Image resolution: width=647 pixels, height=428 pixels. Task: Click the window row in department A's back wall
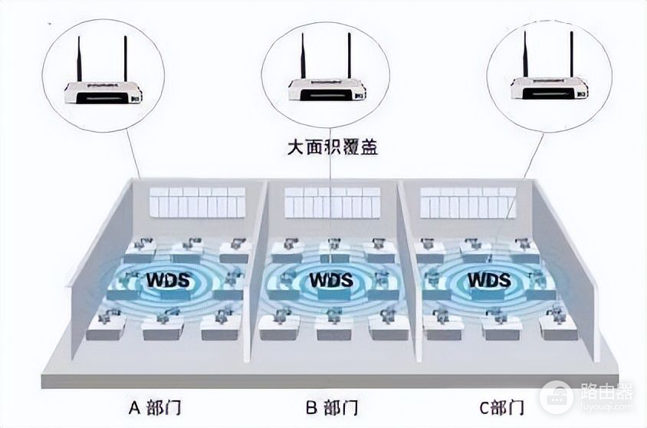click(x=198, y=202)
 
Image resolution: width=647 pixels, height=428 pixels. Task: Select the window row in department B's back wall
click(x=333, y=202)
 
